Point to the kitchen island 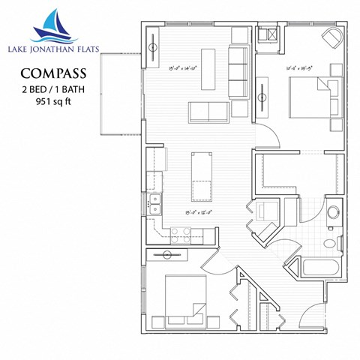click(x=201, y=176)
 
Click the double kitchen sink click(x=154, y=200)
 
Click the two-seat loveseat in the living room click(x=208, y=112)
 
